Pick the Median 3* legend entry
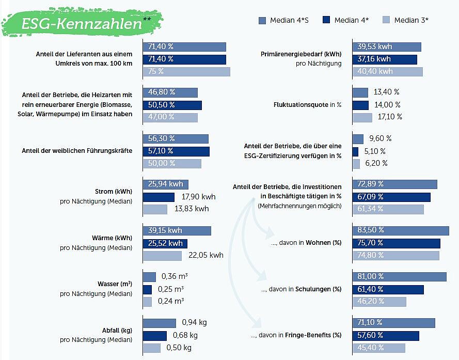coord(405,20)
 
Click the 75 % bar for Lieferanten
coord(186,72)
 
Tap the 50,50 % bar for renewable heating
coord(172,105)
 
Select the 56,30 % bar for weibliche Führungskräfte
coord(176,138)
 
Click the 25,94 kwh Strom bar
coord(166,184)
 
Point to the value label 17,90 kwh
coord(198,197)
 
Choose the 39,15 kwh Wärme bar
coord(177,230)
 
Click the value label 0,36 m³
coord(175,276)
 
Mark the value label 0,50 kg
coord(179,348)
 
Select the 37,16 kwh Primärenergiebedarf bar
coord(385,59)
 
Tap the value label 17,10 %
coord(389,117)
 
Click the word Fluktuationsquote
coord(300,105)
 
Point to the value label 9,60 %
coord(381,138)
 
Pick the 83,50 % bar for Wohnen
coord(401,230)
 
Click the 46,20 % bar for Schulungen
coord(379,302)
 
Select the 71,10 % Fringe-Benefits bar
coord(393,323)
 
